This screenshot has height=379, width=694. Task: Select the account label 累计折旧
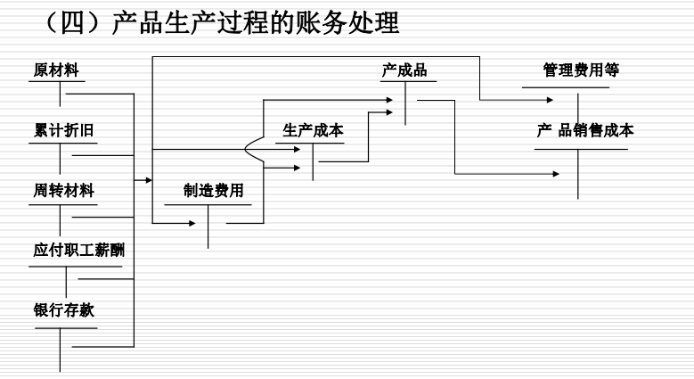(64, 130)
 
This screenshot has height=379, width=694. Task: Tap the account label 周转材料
(64, 190)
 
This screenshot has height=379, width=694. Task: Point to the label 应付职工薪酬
(79, 251)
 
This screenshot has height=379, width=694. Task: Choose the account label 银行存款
(64, 310)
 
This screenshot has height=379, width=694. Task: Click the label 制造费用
(213, 190)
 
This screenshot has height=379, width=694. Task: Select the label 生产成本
(313, 130)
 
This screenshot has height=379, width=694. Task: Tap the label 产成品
(404, 70)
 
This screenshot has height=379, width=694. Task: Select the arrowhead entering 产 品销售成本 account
(557, 173)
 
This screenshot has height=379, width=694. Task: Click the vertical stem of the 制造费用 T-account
(208, 227)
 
